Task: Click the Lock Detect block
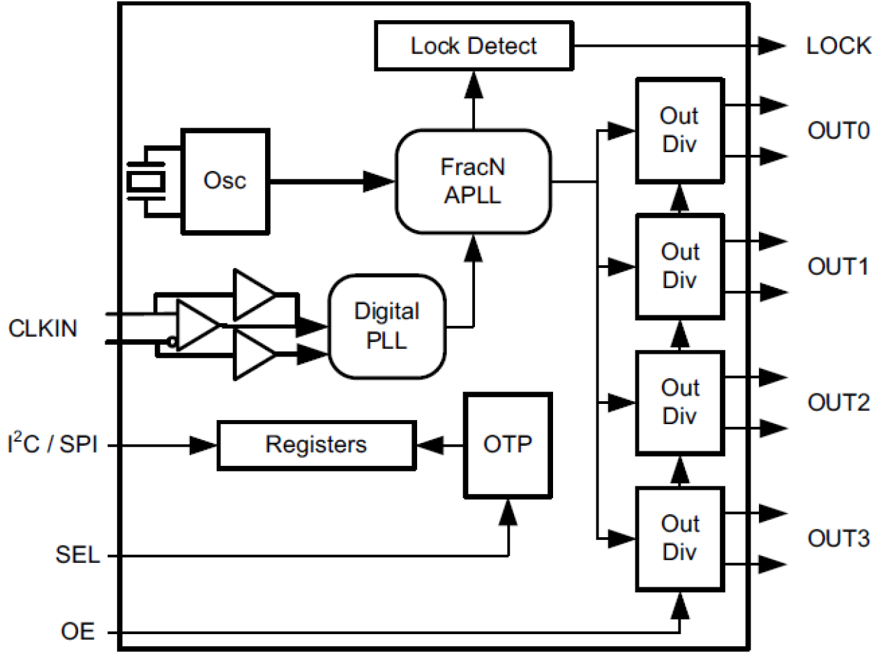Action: point(473,46)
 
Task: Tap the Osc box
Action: point(225,181)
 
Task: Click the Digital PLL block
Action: point(386,326)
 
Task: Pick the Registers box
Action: point(317,444)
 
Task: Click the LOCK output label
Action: point(838,46)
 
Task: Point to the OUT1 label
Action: point(838,267)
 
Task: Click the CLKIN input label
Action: point(43,328)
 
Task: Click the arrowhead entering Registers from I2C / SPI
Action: point(204,444)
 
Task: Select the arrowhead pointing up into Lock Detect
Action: point(474,85)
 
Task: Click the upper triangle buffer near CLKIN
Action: point(252,294)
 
